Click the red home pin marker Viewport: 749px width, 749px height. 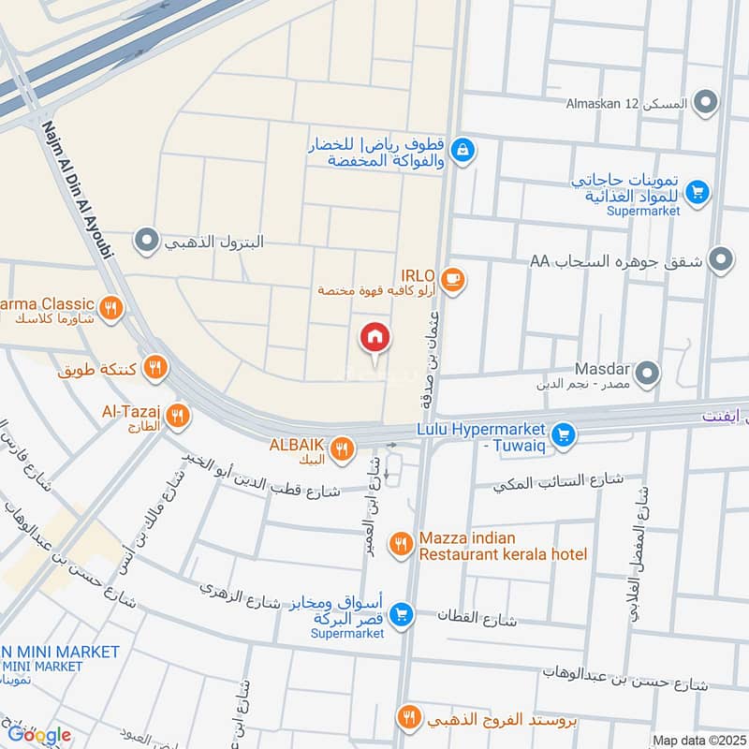375,338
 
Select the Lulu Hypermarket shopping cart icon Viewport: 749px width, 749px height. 563,435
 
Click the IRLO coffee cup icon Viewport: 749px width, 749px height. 452,279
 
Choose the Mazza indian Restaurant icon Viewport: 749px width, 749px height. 402,544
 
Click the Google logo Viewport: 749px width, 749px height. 38,735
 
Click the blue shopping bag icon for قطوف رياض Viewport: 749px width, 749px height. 462,149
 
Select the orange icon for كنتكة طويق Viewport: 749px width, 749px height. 155,368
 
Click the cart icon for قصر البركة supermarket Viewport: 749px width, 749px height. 402,614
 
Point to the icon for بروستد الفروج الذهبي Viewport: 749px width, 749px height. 408,718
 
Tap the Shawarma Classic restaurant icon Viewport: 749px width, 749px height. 111,307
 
